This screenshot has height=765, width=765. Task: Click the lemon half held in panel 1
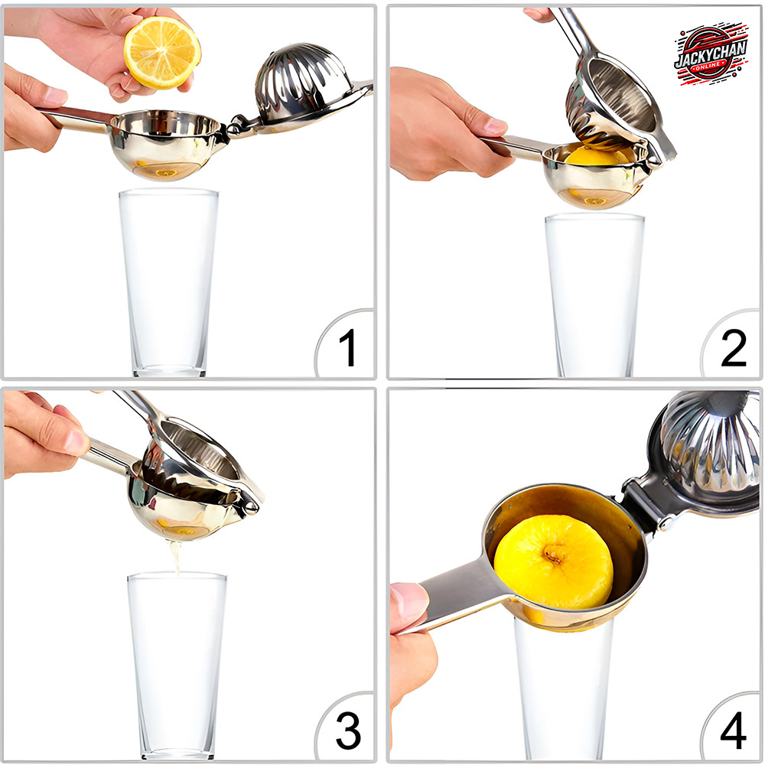pos(162,52)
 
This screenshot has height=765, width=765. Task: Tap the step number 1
pos(347,347)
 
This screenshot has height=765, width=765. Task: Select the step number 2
pos(734,347)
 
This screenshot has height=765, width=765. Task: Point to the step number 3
pos(348,731)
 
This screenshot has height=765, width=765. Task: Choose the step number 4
pos(734,731)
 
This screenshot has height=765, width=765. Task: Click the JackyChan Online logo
pos(711,54)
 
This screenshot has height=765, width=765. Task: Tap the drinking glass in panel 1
pos(169,283)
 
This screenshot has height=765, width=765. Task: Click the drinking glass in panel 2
pos(594,295)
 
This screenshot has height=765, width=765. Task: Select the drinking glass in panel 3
pos(177,666)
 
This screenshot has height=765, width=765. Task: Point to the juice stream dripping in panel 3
pos(174,556)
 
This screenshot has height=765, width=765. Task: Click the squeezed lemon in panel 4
pos(554,562)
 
